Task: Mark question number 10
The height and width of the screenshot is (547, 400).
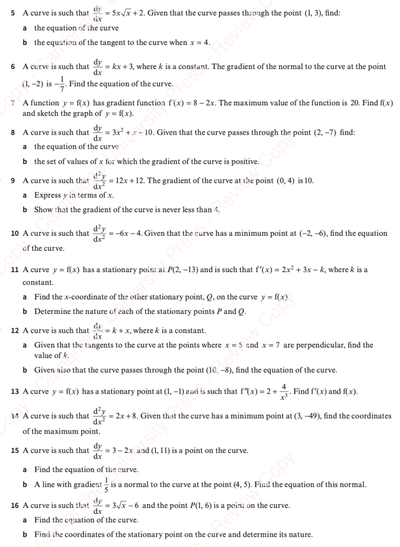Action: (15, 234)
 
